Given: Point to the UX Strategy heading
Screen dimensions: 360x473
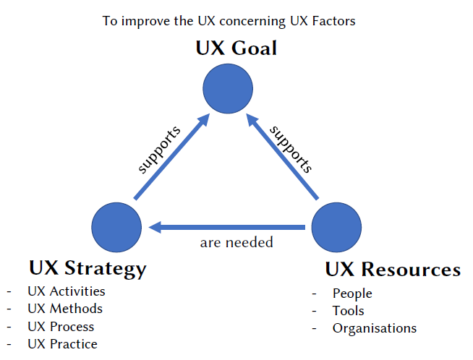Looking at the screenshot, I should click(x=88, y=269).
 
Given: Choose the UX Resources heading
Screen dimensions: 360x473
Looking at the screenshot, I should click(x=393, y=270).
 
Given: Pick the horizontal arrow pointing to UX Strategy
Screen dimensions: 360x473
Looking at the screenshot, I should click(x=226, y=228).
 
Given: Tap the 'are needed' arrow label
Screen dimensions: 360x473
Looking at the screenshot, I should click(x=236, y=243).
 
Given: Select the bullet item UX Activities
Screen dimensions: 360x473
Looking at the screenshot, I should click(x=67, y=292).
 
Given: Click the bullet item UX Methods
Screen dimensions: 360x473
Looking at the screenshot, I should click(x=65, y=309).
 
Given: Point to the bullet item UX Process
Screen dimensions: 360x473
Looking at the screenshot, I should click(x=61, y=327).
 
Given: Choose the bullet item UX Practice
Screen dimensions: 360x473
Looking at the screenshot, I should click(x=62, y=344).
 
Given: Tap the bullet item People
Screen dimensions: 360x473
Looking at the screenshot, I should click(x=352, y=293).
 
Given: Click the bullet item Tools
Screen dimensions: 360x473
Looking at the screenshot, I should click(x=349, y=311).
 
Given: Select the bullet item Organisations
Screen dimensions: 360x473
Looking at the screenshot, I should click(x=375, y=328).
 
